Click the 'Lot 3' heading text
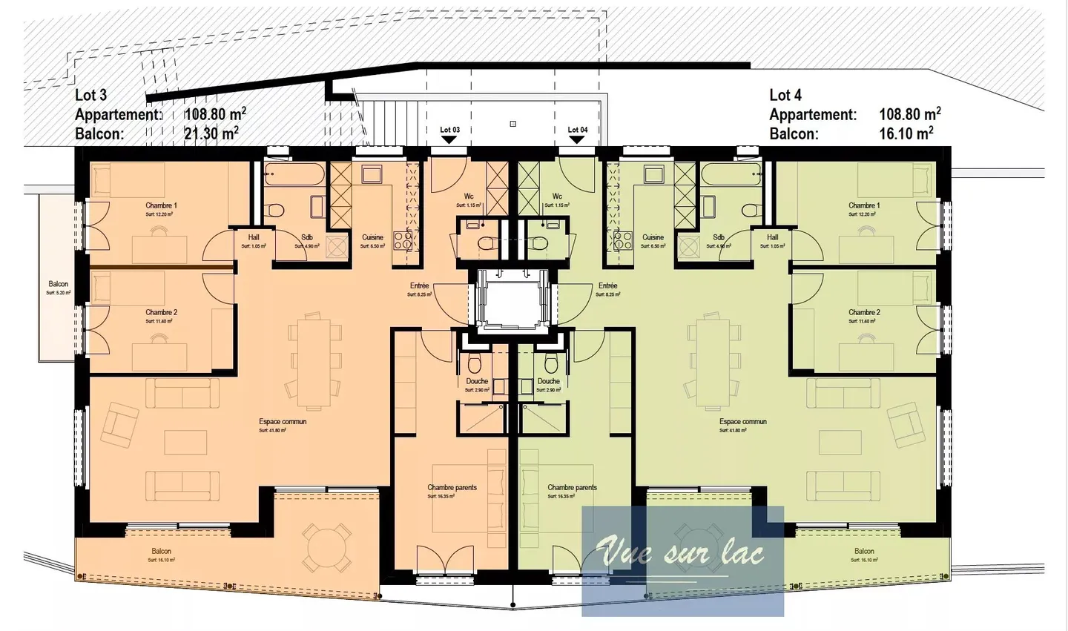[x=90, y=95]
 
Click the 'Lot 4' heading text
[x=785, y=95]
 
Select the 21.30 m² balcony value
[x=211, y=133]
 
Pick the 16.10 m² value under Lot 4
[x=906, y=133]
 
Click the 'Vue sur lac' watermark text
[x=681, y=552]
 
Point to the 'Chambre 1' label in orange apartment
[x=161, y=205]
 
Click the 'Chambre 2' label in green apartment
[x=864, y=312]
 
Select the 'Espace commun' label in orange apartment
[x=283, y=421]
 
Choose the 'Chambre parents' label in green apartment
[x=572, y=487]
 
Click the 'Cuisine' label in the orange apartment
[x=372, y=237]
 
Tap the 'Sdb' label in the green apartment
[x=718, y=237]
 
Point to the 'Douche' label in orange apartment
[x=477, y=381]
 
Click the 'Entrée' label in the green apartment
[x=607, y=285]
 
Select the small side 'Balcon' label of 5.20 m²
[x=58, y=284]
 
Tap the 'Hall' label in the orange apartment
[x=254, y=237]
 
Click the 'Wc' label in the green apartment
[x=556, y=196]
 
